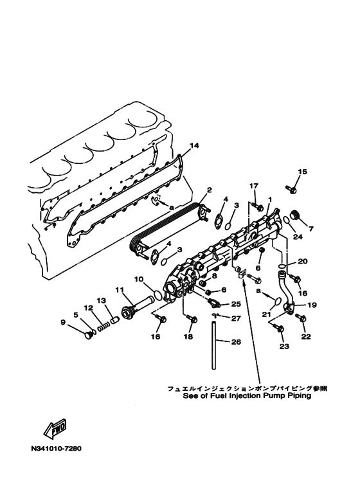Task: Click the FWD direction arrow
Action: pos(55,428)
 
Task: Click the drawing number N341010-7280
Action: pos(57,449)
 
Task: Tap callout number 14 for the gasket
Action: pos(194,145)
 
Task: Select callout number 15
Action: pos(303,172)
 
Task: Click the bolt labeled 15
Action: pos(291,189)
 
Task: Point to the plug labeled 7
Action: pos(295,215)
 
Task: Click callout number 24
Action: pos(298,237)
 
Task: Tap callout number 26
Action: pos(236,341)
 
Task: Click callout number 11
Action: pos(119,290)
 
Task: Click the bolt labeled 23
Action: pos(280,329)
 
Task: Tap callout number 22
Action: pos(306,337)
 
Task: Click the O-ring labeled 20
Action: pos(282,265)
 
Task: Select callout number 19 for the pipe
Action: pos(312,305)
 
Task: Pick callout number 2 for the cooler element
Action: pos(209,190)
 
